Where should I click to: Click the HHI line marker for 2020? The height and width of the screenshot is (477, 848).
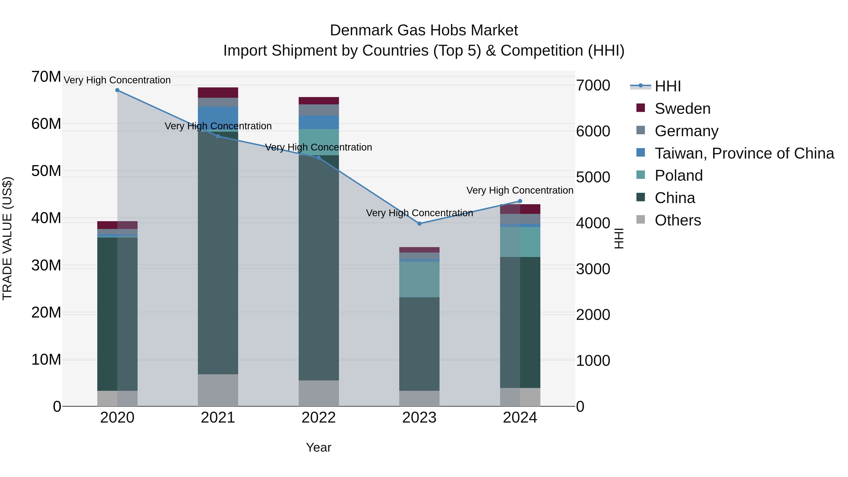pyautogui.click(x=117, y=90)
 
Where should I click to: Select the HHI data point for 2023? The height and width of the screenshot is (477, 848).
pyautogui.click(x=419, y=224)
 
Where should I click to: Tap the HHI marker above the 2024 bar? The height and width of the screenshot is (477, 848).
pyautogui.click(x=520, y=201)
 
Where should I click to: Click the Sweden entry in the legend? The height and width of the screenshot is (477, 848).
pyautogui.click(x=682, y=109)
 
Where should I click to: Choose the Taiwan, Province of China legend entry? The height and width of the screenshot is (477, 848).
pyautogui.click(x=744, y=153)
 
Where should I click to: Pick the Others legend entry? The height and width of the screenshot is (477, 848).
pyautogui.click(x=677, y=220)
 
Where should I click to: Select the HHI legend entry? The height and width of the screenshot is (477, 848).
pyautogui.click(x=667, y=86)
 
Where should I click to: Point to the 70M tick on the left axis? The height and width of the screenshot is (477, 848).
pyautogui.click(x=46, y=77)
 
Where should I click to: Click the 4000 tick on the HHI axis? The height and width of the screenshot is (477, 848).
pyautogui.click(x=593, y=223)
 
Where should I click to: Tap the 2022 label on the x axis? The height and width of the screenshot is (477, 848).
pyautogui.click(x=318, y=418)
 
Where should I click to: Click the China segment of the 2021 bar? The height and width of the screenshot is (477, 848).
pyautogui.click(x=218, y=253)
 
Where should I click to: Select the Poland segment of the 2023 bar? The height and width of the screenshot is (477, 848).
pyautogui.click(x=419, y=279)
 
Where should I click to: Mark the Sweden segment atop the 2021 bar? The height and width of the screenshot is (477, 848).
pyautogui.click(x=218, y=93)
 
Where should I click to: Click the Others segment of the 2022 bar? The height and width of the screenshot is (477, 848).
pyautogui.click(x=318, y=393)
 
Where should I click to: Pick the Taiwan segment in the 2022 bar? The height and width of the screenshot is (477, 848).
pyautogui.click(x=318, y=122)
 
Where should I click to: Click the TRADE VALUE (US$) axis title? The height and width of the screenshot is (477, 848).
pyautogui.click(x=7, y=238)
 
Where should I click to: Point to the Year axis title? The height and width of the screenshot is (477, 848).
pyautogui.click(x=318, y=447)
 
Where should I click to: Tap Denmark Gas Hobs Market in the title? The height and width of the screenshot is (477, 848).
pyautogui.click(x=424, y=30)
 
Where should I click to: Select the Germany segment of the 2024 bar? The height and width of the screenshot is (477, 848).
pyautogui.click(x=520, y=219)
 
